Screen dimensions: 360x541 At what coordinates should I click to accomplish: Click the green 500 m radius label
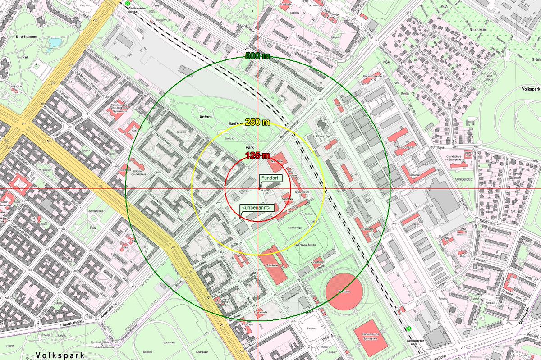pos(257,56)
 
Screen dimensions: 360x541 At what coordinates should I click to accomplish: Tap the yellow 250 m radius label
pos(257,123)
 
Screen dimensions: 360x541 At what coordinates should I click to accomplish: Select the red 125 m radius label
pos(257,155)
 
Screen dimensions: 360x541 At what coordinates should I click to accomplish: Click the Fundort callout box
pos(270,178)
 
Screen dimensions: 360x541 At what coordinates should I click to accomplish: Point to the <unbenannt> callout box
pos(257,208)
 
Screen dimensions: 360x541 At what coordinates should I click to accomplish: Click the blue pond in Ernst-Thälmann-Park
pos(55,42)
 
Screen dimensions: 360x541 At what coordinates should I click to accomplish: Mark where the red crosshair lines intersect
pos(258,188)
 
